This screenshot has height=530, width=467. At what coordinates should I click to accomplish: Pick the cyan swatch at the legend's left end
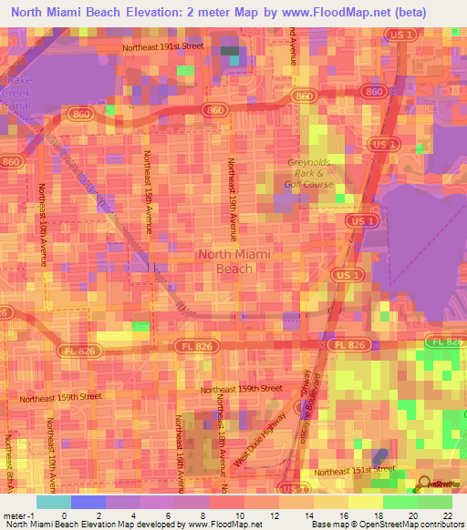click(53, 502)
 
